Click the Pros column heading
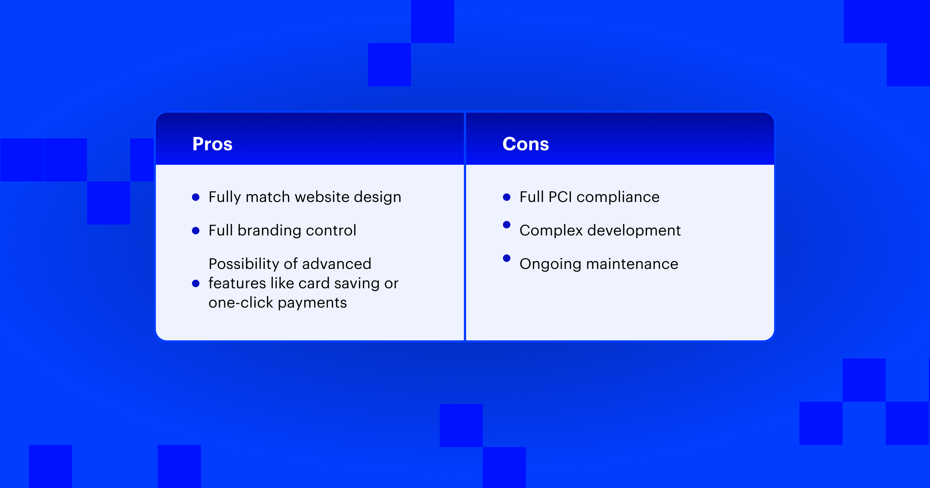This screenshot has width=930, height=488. coord(212,144)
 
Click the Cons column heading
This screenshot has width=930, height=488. coord(526,144)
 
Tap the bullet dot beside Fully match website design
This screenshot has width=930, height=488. coord(196,197)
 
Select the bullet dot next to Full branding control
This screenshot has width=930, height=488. coord(196,231)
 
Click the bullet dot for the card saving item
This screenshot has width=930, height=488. coord(196,283)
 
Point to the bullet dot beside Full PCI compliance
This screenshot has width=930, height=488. coord(507,197)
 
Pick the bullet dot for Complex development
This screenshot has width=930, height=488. coord(507,225)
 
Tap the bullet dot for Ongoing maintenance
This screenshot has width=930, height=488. coord(507,258)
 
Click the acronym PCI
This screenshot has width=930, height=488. coord(560,197)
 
